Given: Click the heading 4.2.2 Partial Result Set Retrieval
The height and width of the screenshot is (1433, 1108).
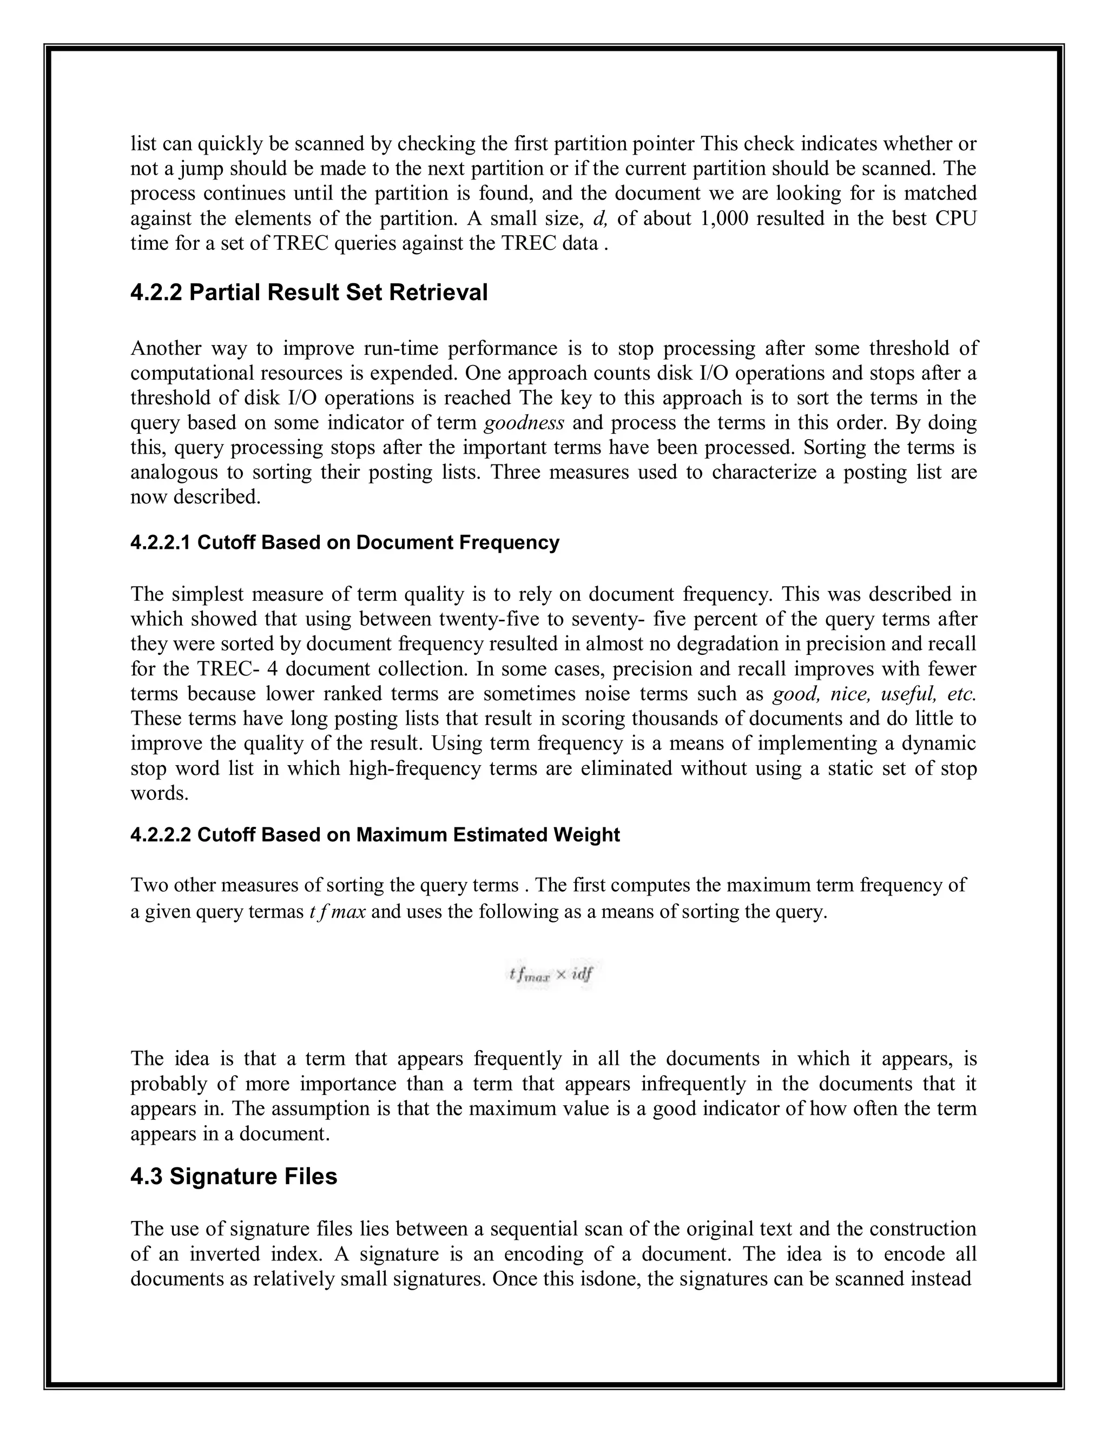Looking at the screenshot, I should [308, 293].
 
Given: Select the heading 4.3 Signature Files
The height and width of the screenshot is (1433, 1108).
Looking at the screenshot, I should [234, 1177].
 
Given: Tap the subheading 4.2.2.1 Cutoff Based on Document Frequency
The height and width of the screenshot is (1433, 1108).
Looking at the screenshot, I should [345, 542].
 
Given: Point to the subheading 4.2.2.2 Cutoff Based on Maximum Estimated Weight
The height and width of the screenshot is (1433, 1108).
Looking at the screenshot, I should [375, 835].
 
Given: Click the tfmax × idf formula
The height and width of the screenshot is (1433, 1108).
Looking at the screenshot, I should [551, 974].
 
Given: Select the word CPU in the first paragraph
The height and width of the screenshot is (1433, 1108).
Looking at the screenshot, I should [956, 218].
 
